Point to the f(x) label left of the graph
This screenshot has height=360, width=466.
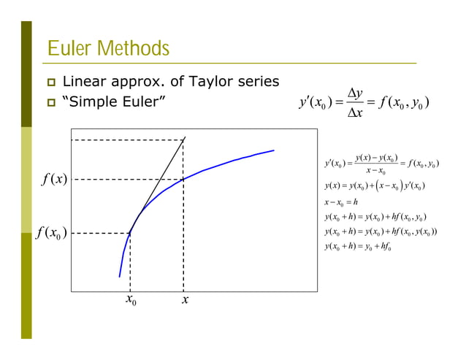[x=53, y=179]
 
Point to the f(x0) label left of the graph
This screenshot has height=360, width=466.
[x=51, y=233]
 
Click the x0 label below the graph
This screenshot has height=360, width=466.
[x=131, y=300]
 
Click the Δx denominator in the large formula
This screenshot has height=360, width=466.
[x=356, y=113]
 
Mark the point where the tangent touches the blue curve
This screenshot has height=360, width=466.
[x=131, y=232]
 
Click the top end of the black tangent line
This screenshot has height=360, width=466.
[x=186, y=137]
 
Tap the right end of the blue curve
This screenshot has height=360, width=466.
[x=274, y=150]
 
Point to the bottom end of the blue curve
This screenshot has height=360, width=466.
[x=119, y=277]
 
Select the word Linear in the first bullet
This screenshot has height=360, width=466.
[x=83, y=81]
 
